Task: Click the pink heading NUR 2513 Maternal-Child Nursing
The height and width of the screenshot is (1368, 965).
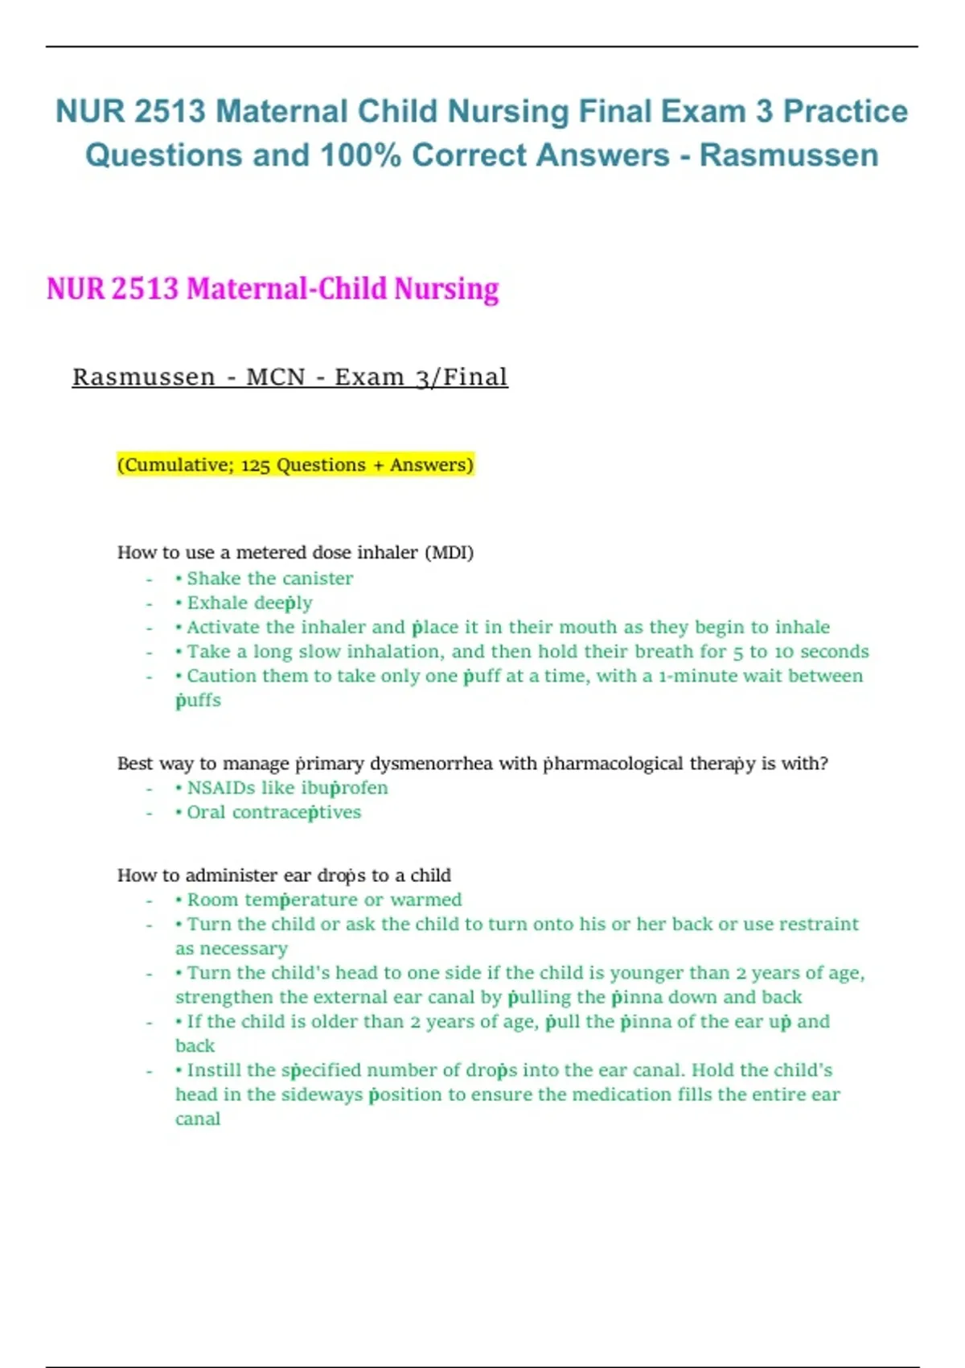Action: (x=273, y=289)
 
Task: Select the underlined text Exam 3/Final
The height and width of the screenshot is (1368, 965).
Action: (x=421, y=377)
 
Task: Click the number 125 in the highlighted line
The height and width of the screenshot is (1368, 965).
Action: (x=255, y=465)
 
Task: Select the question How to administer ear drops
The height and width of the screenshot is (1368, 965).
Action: (x=284, y=876)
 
